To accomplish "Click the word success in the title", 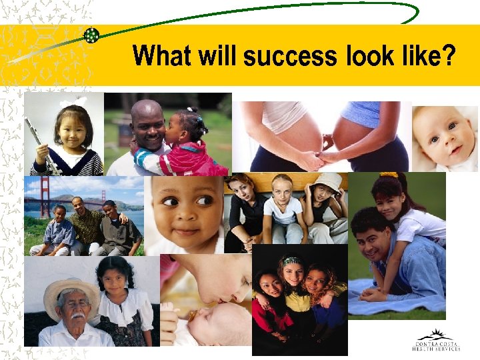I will click(x=291, y=56).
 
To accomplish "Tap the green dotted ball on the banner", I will click(x=91, y=36).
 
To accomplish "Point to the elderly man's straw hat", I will click(x=70, y=293).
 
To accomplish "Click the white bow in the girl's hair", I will click(x=73, y=102).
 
